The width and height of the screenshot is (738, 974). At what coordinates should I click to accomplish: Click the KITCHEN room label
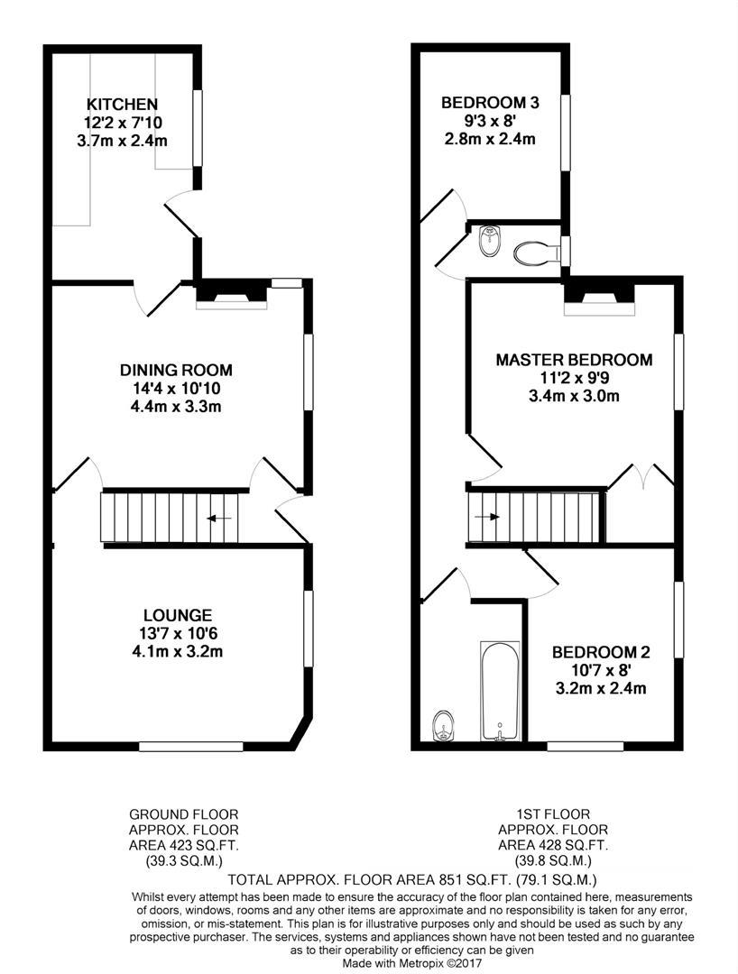tap(122, 104)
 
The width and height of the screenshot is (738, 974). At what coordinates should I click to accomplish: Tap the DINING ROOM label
tap(177, 371)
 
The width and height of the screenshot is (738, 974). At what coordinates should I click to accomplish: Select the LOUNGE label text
tap(178, 615)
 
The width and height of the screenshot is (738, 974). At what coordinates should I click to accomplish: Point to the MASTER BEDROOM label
tap(574, 360)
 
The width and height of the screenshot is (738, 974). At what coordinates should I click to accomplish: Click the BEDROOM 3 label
tap(490, 103)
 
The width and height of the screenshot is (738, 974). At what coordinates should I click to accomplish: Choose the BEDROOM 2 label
tap(601, 652)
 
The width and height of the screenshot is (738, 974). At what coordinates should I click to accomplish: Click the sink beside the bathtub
tap(444, 725)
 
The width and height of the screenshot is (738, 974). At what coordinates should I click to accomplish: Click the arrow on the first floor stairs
tap(487, 516)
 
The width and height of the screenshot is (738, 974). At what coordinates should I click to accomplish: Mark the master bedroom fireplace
tap(599, 299)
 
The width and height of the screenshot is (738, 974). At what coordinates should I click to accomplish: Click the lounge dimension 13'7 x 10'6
tap(178, 634)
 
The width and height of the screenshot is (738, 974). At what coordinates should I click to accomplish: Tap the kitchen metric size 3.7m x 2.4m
tap(122, 141)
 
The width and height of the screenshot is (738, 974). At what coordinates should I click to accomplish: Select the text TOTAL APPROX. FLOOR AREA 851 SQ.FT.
tap(370, 879)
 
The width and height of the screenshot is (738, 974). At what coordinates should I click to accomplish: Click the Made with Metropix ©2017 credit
tap(412, 963)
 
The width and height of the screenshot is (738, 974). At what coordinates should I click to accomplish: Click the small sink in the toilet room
tap(490, 241)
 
